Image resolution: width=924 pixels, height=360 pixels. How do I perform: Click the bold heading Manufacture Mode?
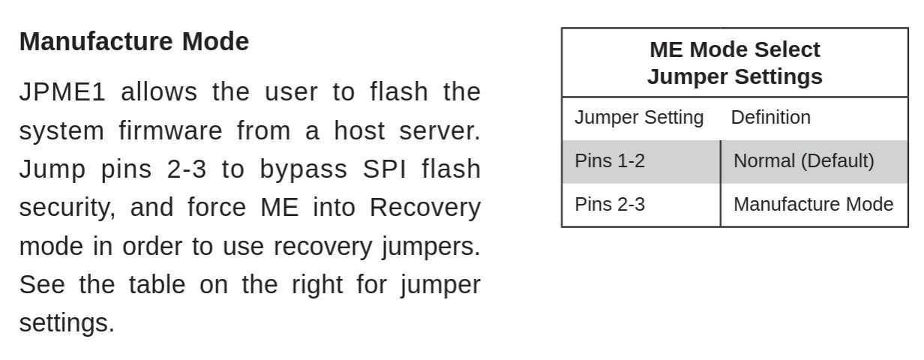click(133, 41)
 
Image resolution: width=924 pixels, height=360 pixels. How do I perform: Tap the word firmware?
click(170, 131)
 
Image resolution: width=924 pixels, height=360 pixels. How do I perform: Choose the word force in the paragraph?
click(217, 208)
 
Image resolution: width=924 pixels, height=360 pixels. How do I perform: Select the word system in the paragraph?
click(61, 131)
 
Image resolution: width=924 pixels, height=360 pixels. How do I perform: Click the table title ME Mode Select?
click(734, 49)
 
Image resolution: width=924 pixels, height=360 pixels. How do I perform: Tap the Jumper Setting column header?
click(639, 118)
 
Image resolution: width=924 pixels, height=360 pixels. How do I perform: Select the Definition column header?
click(770, 118)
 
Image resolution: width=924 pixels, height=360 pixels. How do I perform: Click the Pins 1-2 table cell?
click(609, 161)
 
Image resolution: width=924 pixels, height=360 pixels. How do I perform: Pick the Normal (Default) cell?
click(803, 161)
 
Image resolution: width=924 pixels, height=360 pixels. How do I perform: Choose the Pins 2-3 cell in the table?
click(609, 205)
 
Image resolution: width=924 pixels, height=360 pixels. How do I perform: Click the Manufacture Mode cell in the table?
click(813, 205)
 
